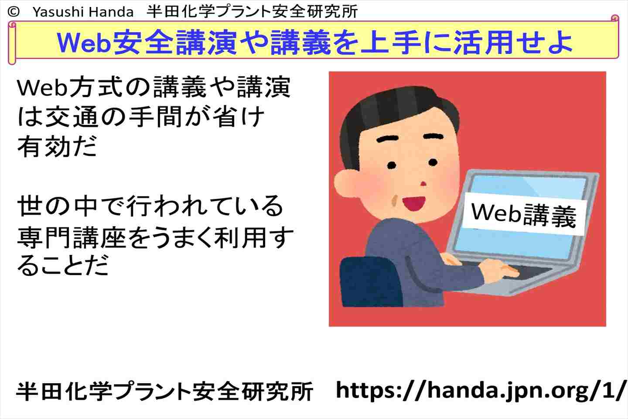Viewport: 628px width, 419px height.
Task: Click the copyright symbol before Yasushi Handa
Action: pos(14,11)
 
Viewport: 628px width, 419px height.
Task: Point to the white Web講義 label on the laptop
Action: pos(524,214)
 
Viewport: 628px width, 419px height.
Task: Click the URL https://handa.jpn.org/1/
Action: pos(481,391)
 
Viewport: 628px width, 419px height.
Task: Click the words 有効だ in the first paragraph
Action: pos(57,146)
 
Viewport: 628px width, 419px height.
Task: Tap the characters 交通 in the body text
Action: pos(72,117)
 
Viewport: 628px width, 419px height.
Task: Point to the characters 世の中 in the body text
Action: pos(57,206)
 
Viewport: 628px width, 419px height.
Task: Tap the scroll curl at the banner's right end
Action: pos(615,18)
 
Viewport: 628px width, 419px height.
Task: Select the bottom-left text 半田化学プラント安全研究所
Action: pos(164,391)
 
